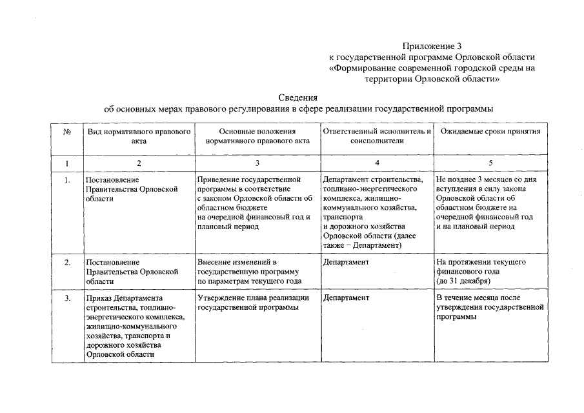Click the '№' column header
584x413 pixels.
click(66, 132)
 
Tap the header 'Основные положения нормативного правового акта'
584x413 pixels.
click(257, 136)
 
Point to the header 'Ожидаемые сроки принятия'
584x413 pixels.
click(490, 132)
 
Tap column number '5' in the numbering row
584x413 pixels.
click(490, 163)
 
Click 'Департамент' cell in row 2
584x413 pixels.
click(346, 263)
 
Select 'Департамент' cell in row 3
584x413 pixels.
click(346, 298)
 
